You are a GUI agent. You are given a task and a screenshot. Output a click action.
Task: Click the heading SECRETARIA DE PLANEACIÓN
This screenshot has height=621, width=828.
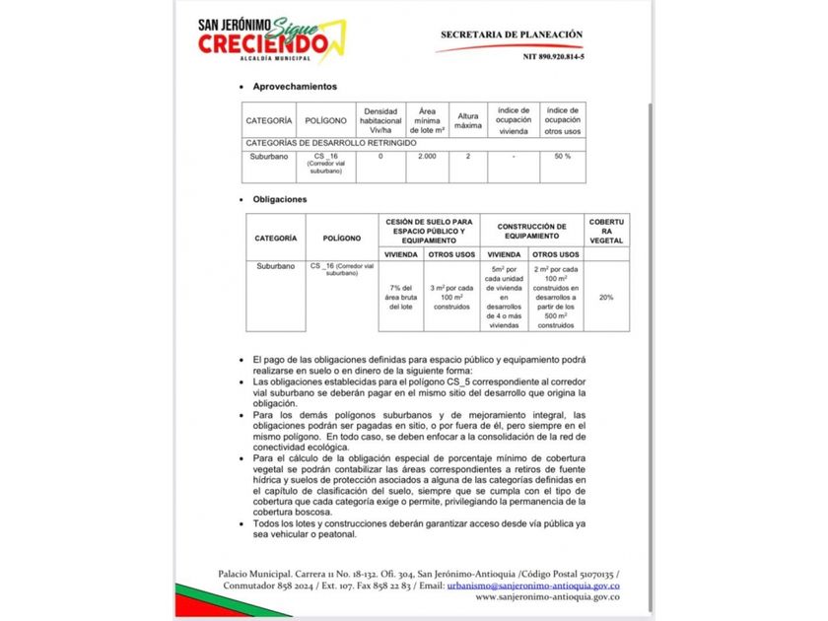511,34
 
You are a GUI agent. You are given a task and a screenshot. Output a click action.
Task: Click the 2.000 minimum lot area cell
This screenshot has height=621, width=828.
427,157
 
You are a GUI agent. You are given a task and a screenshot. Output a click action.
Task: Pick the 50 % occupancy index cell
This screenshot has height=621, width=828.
562,157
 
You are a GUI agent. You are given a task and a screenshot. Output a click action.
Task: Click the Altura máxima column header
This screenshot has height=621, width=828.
468,120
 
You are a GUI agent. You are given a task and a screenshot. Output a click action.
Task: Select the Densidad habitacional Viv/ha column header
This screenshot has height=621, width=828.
380,120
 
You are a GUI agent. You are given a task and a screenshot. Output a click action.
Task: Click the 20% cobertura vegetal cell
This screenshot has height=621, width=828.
605,297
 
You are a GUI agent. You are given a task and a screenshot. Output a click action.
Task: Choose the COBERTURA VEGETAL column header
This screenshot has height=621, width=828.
605,231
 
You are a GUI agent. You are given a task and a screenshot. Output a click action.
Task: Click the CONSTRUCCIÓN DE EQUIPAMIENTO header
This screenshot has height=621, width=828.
531,231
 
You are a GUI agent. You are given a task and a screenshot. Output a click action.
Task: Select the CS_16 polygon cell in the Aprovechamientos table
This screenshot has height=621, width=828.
325,163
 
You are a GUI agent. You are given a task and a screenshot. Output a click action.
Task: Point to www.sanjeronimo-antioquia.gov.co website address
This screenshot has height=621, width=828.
547,596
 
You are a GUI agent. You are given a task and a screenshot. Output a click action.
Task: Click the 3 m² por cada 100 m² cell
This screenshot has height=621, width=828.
452,297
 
